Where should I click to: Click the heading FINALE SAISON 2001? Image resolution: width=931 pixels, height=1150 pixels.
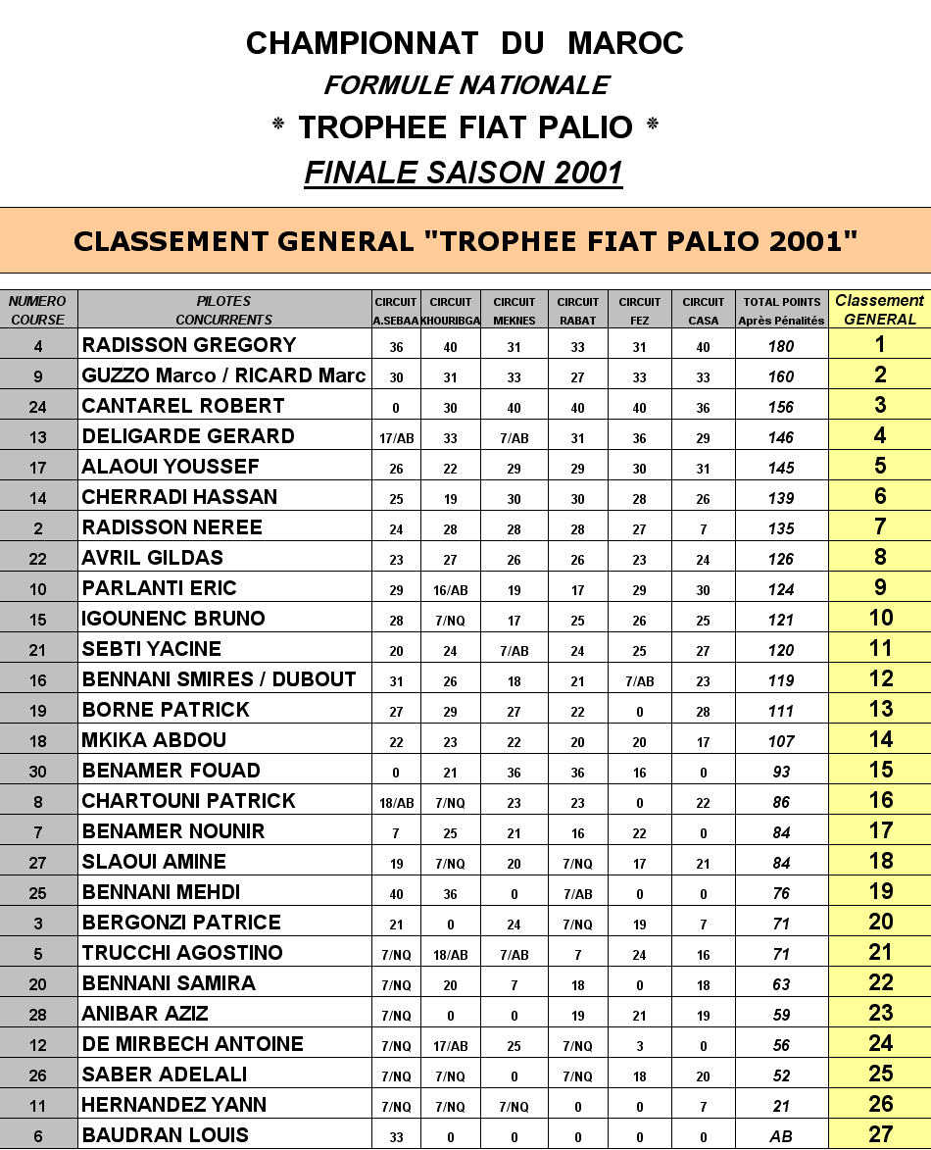(464, 173)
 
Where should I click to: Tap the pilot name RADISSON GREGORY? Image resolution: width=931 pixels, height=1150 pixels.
(189, 345)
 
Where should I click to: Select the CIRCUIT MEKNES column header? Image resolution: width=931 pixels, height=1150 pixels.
(514, 310)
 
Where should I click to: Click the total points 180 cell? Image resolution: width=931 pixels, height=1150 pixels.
(781, 346)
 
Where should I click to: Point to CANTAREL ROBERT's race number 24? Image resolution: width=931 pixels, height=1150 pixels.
(38, 406)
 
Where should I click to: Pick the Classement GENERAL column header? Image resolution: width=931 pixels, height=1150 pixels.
(879, 310)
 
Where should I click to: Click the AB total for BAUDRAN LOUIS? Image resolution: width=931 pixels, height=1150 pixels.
(781, 1136)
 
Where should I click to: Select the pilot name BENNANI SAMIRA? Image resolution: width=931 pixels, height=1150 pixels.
(169, 983)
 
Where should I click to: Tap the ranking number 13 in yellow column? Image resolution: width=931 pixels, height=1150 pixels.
(880, 710)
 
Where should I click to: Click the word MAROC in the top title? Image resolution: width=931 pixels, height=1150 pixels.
(625, 43)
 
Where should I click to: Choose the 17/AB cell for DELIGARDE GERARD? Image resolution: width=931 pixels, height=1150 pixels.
(396, 437)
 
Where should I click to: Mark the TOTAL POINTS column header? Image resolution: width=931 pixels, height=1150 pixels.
(781, 310)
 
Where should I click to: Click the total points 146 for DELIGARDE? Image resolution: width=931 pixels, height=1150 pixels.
(781, 437)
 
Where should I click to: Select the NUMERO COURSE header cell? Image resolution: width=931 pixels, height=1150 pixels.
(38, 310)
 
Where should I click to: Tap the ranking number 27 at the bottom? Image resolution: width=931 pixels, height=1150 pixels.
(880, 1135)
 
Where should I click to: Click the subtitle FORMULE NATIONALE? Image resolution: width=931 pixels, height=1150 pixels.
(466, 85)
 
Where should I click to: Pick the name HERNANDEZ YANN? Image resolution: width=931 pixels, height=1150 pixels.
(174, 1105)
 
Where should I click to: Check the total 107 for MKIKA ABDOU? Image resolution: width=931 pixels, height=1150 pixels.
(781, 741)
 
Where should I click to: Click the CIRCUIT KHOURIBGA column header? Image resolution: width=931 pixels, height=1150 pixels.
(451, 310)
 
